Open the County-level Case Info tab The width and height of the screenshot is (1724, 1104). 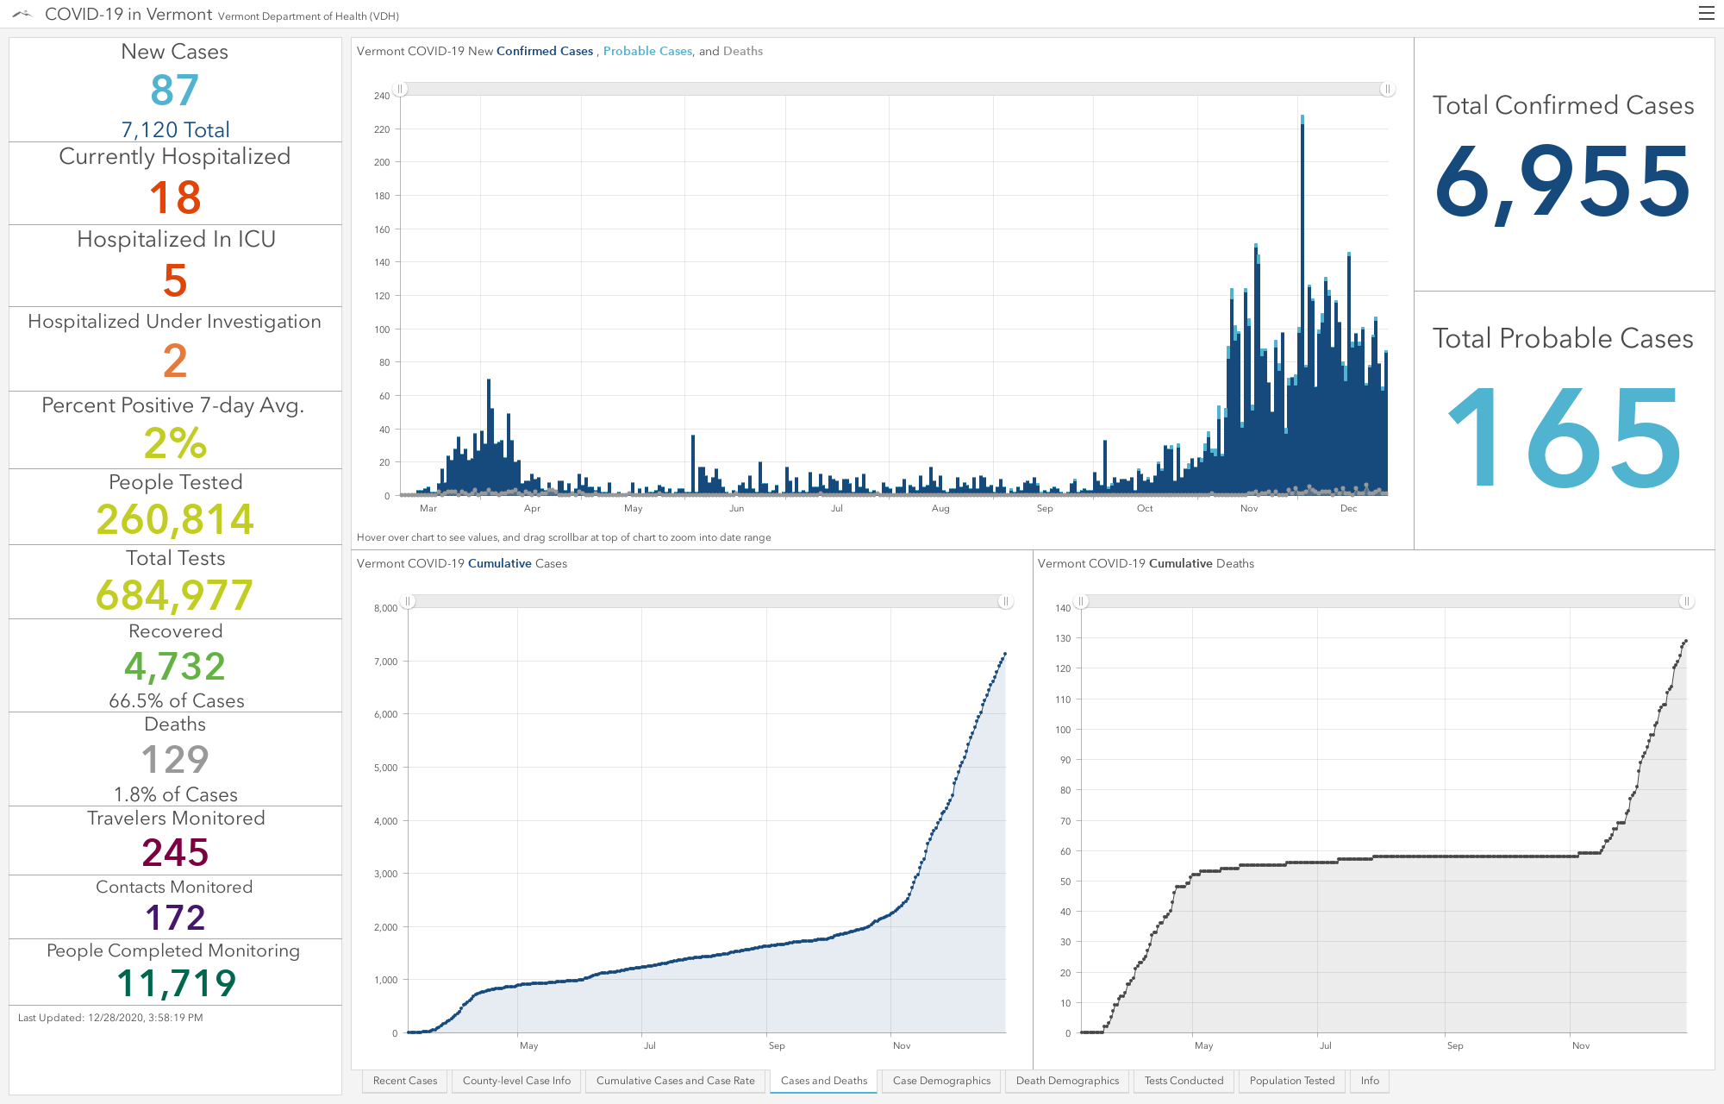coord(516,1081)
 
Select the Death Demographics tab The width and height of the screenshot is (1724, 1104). coord(1067,1081)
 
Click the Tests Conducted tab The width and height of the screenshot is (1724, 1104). coord(1184,1081)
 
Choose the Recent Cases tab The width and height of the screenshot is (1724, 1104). coord(405,1081)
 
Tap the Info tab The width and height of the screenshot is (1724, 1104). coord(1370,1081)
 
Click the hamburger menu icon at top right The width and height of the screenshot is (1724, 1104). coord(1706,13)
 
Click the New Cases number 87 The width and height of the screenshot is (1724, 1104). coord(175,90)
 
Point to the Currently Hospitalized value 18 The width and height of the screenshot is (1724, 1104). coord(175,198)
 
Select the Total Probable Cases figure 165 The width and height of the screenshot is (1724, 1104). coord(1564,437)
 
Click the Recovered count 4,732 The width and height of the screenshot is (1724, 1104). coord(175,666)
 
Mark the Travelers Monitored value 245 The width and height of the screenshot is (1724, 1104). coord(175,852)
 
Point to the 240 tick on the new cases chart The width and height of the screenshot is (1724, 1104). coord(382,96)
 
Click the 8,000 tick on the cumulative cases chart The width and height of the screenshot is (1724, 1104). coord(385,608)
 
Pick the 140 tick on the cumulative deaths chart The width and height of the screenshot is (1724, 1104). coord(1063,608)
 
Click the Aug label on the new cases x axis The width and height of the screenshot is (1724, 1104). coord(940,509)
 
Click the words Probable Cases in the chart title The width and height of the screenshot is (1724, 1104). coord(647,51)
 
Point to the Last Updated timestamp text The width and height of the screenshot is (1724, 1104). coord(110,1018)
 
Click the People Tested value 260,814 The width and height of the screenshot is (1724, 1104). coord(175,519)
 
